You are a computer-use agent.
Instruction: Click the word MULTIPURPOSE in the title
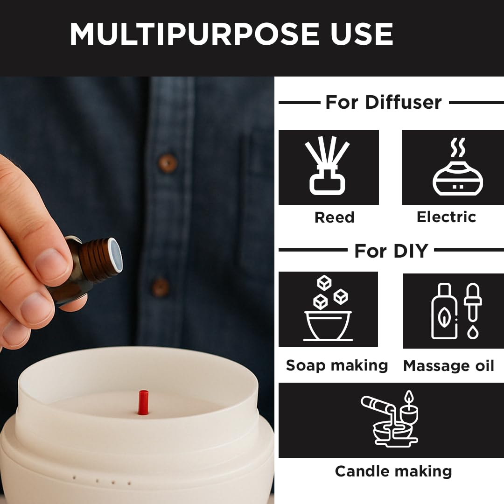[187, 34]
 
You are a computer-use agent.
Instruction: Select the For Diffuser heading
[383, 102]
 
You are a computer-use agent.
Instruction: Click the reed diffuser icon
[328, 167]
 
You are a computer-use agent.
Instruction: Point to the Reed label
[334, 217]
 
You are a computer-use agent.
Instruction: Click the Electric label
[446, 217]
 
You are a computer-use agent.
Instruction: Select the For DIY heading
[391, 251]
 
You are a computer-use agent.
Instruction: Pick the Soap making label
[336, 365]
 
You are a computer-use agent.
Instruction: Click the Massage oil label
[448, 366]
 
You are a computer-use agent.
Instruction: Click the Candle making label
[393, 471]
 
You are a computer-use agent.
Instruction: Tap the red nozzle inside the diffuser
[143, 402]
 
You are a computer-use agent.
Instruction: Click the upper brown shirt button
[167, 163]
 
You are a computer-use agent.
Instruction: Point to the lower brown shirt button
[161, 287]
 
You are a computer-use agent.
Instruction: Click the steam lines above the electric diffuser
[457, 148]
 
